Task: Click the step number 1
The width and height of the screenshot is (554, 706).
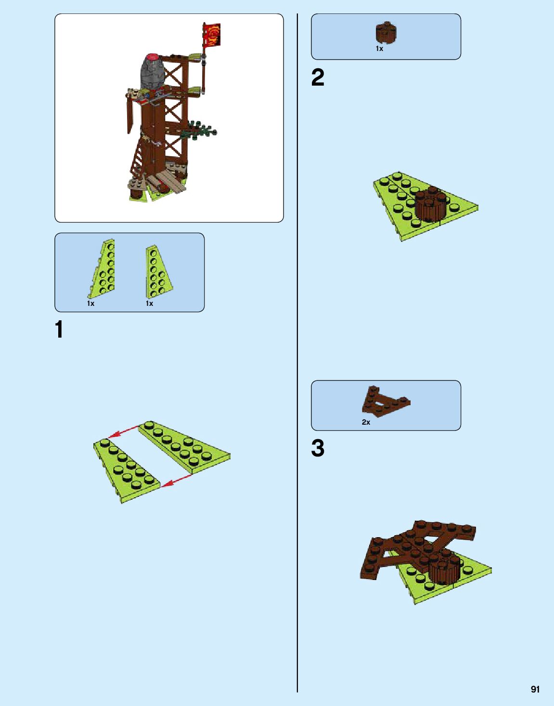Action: point(59,330)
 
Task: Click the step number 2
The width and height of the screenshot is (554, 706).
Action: point(318,77)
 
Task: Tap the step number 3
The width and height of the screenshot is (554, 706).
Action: point(318,448)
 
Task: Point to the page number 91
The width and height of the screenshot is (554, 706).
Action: point(535,689)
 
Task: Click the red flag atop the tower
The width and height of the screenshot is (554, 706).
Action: point(212,35)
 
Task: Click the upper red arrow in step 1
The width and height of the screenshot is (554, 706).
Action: point(123,432)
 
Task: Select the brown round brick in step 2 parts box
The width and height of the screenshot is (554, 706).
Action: point(386,33)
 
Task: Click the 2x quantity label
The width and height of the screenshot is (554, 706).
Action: point(366,422)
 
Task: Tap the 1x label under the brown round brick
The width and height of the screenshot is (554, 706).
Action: point(379,49)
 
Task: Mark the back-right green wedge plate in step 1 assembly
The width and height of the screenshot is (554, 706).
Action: point(185,447)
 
